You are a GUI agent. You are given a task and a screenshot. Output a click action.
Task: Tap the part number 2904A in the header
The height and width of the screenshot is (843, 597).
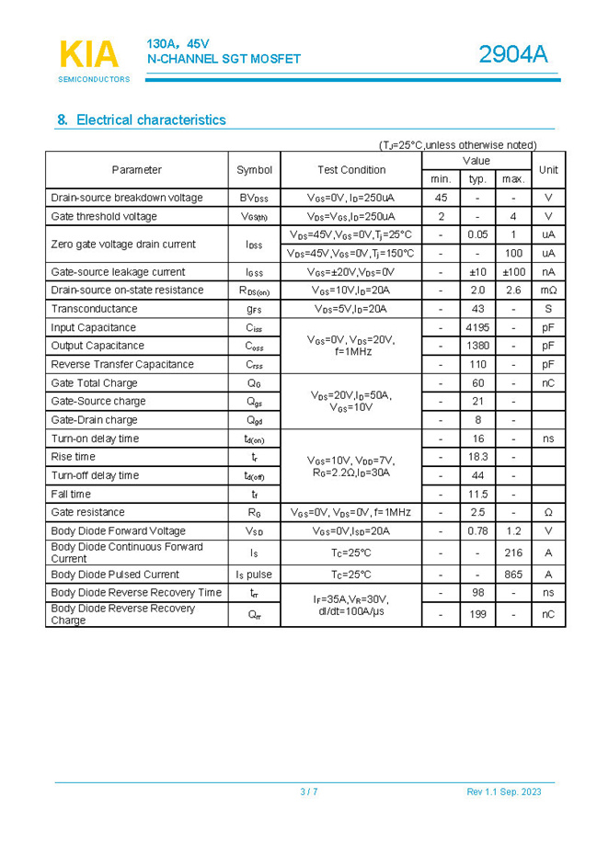(x=512, y=55)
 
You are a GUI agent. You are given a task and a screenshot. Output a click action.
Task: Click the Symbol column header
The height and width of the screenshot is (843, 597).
(x=254, y=169)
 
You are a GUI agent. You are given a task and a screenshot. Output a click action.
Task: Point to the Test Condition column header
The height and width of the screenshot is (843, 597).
(x=351, y=169)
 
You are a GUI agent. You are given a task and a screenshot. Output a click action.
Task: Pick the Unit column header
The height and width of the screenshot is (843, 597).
(x=548, y=169)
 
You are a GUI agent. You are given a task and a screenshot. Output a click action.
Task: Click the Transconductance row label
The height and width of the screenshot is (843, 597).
(x=94, y=309)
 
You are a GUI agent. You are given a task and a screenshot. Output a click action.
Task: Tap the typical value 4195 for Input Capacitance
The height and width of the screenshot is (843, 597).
(x=477, y=327)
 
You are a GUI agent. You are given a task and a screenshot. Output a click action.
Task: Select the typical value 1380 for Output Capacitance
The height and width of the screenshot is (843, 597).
(x=477, y=346)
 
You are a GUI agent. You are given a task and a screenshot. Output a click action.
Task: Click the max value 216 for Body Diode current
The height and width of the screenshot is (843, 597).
(x=513, y=553)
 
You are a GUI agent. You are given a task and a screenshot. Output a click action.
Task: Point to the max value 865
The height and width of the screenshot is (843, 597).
(x=513, y=575)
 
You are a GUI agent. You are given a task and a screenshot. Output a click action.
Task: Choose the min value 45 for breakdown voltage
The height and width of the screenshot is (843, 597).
(x=441, y=198)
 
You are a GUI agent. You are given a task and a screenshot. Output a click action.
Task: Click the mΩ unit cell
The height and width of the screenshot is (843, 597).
(x=548, y=290)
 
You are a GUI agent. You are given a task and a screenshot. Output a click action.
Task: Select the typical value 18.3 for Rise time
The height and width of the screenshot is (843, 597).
(x=477, y=457)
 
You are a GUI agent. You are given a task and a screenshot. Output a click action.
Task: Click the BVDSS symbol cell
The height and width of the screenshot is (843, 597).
(x=254, y=198)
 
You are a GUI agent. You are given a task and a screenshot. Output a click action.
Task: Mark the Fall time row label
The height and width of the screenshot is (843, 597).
(x=71, y=494)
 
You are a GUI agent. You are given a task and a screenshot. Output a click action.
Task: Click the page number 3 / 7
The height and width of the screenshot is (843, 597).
(x=309, y=792)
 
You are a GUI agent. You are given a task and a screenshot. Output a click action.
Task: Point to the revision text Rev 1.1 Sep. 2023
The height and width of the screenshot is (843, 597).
(x=504, y=792)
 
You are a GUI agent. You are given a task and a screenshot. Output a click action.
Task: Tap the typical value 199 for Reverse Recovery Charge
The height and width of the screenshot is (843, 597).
(x=477, y=614)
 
